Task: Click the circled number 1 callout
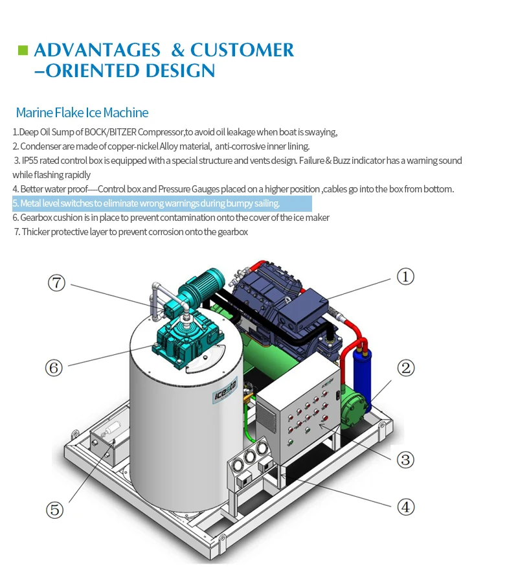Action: [x=405, y=277]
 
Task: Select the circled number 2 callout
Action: [x=405, y=369]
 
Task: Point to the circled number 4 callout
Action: [x=405, y=507]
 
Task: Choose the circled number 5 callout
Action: [x=56, y=510]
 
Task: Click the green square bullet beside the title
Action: [x=23, y=50]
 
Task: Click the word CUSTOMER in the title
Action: [x=242, y=50]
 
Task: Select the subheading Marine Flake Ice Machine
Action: [x=82, y=113]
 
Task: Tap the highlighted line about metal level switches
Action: [x=162, y=203]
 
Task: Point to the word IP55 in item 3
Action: [x=30, y=161]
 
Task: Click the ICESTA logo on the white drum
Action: [x=227, y=392]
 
